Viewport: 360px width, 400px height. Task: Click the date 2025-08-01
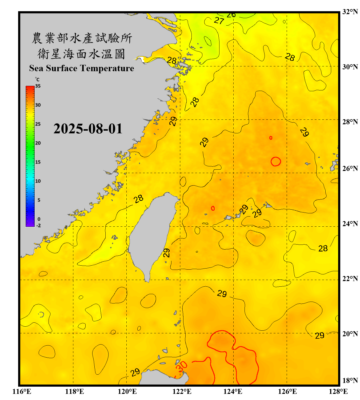click(x=88, y=129)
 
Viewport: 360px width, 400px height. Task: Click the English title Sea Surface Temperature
click(x=82, y=68)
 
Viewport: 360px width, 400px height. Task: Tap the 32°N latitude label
click(x=350, y=12)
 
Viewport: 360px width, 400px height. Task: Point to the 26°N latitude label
click(x=350, y=169)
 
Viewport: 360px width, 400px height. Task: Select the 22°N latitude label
click(x=350, y=279)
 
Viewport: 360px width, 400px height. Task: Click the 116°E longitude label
click(x=22, y=391)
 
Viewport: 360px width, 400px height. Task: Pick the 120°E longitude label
click(x=127, y=391)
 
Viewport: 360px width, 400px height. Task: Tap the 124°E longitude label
click(x=233, y=391)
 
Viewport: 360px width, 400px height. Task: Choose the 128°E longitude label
click(x=338, y=391)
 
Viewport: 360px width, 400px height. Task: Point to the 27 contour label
click(x=219, y=21)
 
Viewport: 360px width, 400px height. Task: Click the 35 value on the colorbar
click(x=38, y=86)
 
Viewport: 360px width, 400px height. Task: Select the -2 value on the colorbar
click(x=38, y=225)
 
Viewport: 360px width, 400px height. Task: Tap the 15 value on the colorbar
click(x=38, y=162)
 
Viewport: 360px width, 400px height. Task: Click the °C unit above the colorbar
click(x=37, y=79)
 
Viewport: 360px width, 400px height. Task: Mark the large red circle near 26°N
click(x=276, y=161)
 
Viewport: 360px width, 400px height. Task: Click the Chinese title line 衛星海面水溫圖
click(x=82, y=54)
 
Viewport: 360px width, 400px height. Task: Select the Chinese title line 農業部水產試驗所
click(x=82, y=38)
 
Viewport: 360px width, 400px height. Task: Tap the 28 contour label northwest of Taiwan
click(x=138, y=199)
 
